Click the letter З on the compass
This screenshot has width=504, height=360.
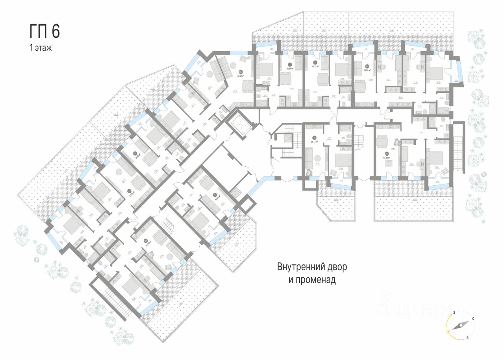coord(454,312)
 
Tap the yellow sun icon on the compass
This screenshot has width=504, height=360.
coord(448,332)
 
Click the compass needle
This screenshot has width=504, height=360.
coord(460,325)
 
